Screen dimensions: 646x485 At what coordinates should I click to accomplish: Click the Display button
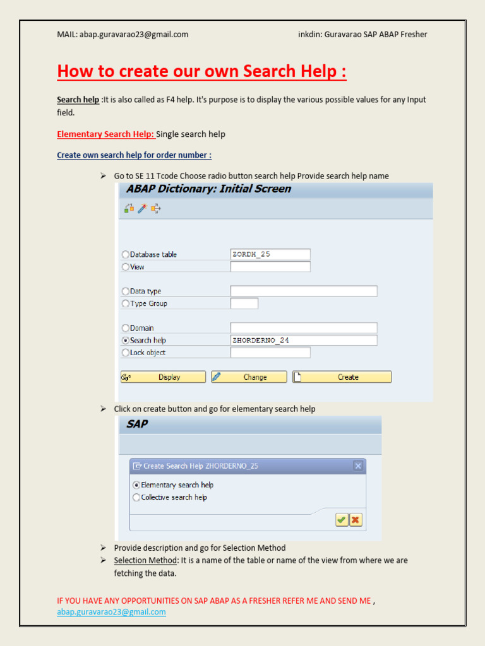point(163,377)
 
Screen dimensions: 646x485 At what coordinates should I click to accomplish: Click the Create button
point(342,377)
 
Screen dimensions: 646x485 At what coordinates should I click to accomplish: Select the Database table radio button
point(125,255)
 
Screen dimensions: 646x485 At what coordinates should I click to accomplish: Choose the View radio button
point(125,267)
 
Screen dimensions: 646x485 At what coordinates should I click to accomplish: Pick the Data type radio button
point(125,291)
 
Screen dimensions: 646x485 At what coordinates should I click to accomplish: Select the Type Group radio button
point(125,303)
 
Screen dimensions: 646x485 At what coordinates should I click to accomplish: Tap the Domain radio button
point(125,328)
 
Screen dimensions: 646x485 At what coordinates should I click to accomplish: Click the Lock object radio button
point(125,353)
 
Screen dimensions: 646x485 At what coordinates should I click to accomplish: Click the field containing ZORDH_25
point(270,254)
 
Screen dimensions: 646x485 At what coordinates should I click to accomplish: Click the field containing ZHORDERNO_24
point(304,340)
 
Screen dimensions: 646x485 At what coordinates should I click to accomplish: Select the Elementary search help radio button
point(136,485)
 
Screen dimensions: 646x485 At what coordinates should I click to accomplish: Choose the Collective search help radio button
point(136,497)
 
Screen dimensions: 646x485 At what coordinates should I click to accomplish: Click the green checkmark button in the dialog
point(341,520)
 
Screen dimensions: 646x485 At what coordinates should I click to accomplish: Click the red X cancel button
point(356,520)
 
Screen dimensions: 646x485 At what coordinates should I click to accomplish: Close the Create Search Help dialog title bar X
point(358,466)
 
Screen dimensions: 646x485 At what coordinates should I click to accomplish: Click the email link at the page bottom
point(111,612)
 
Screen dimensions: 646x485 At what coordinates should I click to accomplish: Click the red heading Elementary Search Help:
point(105,134)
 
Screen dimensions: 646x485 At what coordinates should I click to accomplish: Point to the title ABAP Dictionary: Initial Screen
point(208,189)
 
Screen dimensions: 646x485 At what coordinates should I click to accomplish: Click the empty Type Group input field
point(244,303)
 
